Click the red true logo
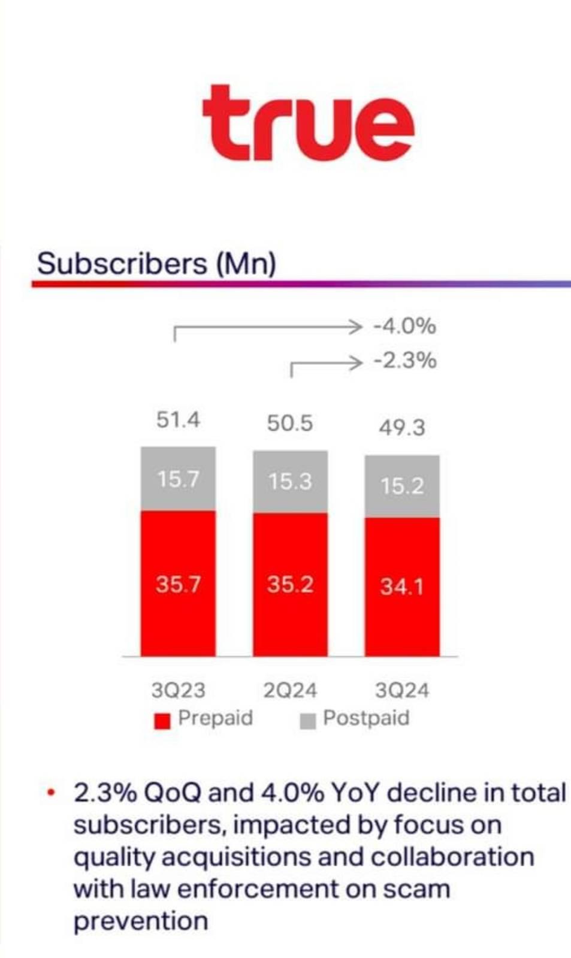tap(309, 123)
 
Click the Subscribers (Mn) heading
tap(156, 264)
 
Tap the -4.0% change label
tap(404, 327)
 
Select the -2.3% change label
tap(404, 361)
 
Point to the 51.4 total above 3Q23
tap(178, 420)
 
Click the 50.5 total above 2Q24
tap(290, 424)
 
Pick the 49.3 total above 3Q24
tap(402, 428)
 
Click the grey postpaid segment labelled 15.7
tap(179, 479)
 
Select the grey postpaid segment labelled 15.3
tap(291, 482)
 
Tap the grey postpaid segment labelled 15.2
tap(402, 486)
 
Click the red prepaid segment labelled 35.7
tap(179, 584)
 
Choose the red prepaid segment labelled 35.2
tap(291, 585)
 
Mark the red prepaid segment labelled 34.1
tap(402, 587)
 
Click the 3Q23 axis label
tap(179, 690)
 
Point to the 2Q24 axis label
tap(291, 690)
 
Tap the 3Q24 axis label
tap(402, 690)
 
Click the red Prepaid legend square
tap(162, 721)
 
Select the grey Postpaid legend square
tap(308, 721)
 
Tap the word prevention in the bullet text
tap(141, 921)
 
